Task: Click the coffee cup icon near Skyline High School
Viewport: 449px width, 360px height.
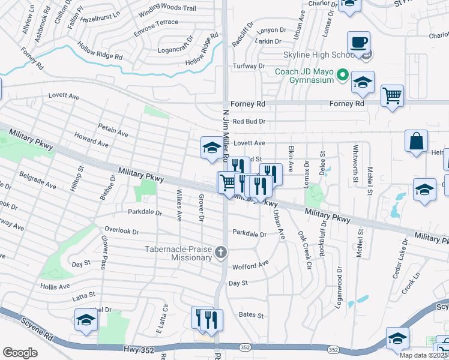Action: tap(358, 43)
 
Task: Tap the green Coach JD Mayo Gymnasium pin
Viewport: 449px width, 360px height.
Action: tap(343, 76)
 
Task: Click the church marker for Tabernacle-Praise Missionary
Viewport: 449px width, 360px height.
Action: tap(221, 253)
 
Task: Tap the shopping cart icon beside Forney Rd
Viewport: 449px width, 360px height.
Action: tap(392, 95)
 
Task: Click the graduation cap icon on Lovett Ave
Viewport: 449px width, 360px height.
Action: tap(211, 148)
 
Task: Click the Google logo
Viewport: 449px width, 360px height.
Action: tap(20, 353)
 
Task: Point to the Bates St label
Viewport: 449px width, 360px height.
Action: tap(252, 314)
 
